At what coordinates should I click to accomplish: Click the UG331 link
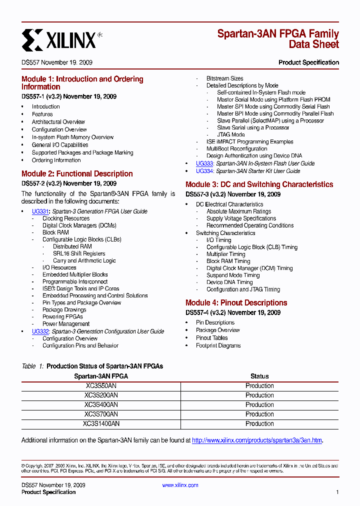tap(39, 211)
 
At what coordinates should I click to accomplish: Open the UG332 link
tap(39, 331)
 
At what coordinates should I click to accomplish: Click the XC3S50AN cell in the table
tap(101, 386)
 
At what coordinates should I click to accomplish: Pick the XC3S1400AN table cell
tap(101, 424)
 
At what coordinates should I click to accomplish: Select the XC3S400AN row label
tap(101, 405)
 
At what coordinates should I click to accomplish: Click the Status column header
tap(259, 376)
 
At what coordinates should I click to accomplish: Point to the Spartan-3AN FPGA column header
tap(101, 376)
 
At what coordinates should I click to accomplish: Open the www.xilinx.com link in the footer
tap(180, 485)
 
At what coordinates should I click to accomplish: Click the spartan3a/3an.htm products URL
tap(257, 440)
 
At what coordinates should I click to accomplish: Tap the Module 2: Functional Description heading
tap(77, 174)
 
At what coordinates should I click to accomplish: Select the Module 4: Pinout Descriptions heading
tap(236, 303)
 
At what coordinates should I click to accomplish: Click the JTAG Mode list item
tap(230, 134)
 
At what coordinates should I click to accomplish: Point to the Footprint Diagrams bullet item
tap(218, 346)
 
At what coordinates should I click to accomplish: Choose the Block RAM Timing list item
tap(228, 261)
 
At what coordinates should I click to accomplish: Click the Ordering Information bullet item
tap(56, 160)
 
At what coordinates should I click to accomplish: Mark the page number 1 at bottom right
tap(337, 492)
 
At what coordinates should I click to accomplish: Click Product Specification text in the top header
tap(308, 62)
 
